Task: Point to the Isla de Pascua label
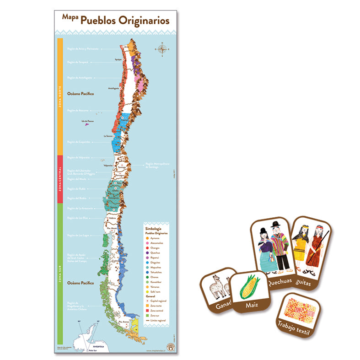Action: (87, 121)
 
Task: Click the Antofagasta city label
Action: (113, 88)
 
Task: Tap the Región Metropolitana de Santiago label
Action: (152, 165)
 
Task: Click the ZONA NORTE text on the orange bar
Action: (60, 97)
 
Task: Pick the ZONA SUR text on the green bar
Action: (60, 274)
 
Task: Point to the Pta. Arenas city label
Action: (122, 322)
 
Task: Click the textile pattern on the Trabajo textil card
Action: (300, 307)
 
